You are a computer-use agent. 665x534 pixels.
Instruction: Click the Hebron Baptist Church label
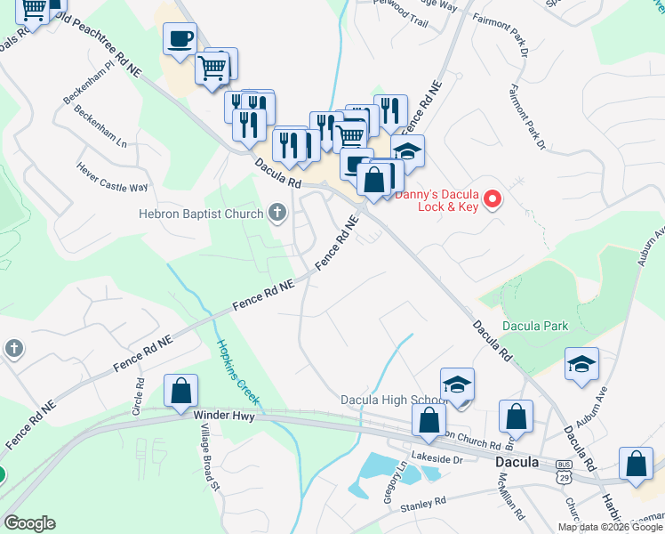tap(201, 214)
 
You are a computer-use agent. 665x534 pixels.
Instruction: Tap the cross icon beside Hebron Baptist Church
tap(277, 213)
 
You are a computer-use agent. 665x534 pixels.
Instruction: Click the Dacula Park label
tap(535, 327)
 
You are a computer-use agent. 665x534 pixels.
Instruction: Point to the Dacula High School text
tap(393, 400)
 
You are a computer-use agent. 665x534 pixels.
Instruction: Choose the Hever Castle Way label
tap(112, 175)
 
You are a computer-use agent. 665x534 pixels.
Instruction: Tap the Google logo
tap(29, 523)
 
